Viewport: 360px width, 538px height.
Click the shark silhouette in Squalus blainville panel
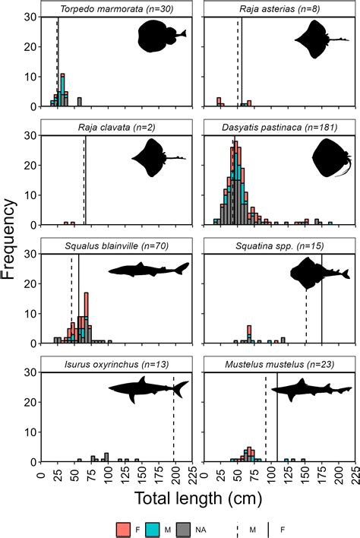coord(148,270)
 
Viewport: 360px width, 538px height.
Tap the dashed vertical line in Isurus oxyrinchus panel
coord(174,422)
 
